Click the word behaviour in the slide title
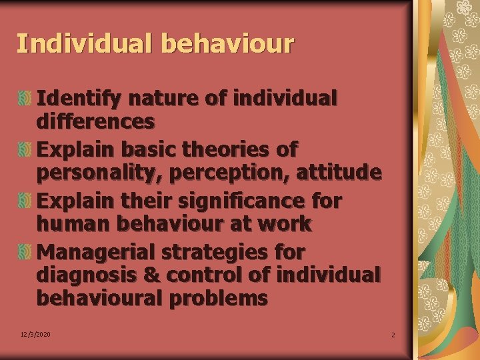point(227,44)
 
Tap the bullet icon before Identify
point(25,99)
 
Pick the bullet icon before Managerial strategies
point(25,251)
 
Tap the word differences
point(95,122)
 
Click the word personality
point(101,173)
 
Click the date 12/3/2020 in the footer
point(35,334)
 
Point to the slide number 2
point(393,335)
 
